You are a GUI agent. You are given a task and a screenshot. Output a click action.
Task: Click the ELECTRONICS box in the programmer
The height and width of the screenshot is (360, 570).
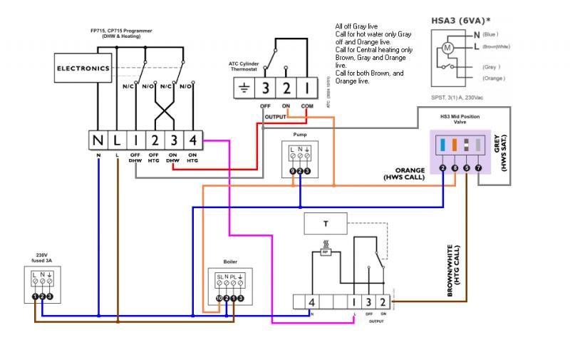tap(83, 68)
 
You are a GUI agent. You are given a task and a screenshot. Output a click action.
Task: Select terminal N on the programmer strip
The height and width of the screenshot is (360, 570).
tap(98, 139)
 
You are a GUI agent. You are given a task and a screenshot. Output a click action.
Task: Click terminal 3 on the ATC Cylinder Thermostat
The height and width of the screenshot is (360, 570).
tap(265, 88)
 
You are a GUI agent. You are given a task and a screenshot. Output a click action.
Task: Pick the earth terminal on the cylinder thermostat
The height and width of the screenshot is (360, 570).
tap(244, 88)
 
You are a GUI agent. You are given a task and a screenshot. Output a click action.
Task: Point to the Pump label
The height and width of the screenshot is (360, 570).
tap(300, 133)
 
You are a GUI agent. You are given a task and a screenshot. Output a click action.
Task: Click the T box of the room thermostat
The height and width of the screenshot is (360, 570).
tap(326, 223)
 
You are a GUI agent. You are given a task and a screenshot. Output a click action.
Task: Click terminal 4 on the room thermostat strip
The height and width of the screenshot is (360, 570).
tap(311, 302)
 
